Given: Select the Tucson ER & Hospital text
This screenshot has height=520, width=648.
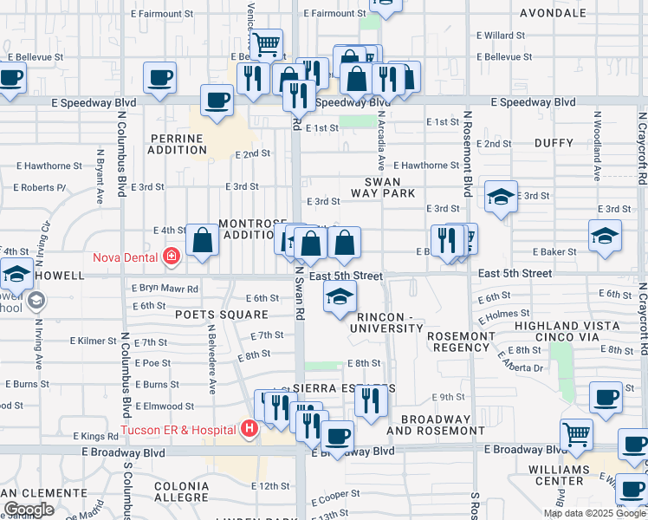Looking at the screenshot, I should (x=179, y=430).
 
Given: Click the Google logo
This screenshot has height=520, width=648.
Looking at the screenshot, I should (x=29, y=510).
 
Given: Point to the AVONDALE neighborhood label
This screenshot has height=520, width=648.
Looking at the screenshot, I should (x=554, y=13).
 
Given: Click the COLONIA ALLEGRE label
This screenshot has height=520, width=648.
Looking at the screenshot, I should (x=193, y=492).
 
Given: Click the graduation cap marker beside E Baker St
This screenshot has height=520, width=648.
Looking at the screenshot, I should (x=605, y=235).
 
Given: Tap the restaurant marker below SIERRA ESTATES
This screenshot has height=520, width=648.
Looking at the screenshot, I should (x=370, y=401).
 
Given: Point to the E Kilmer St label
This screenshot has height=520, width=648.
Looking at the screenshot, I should (x=95, y=342).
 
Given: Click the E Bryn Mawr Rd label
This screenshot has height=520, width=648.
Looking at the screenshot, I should (x=165, y=289).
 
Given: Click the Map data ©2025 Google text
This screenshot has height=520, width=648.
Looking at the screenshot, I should (x=594, y=513).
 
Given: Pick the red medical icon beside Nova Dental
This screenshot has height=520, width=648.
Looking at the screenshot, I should (x=171, y=257).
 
